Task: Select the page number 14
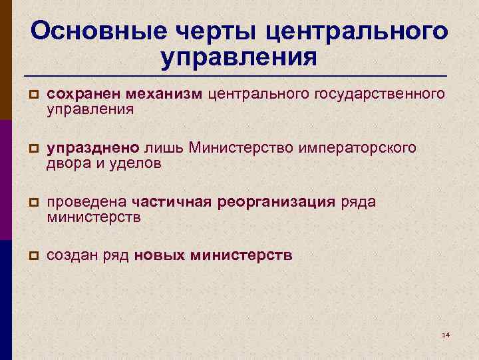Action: (x=446, y=333)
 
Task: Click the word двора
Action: (x=67, y=163)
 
